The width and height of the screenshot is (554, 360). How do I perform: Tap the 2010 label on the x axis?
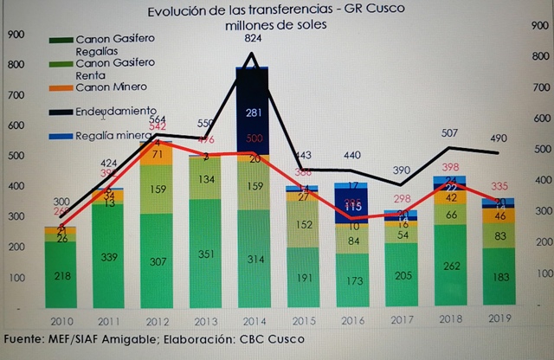coord(60,319)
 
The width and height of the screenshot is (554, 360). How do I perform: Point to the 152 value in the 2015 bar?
coord(302,225)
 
